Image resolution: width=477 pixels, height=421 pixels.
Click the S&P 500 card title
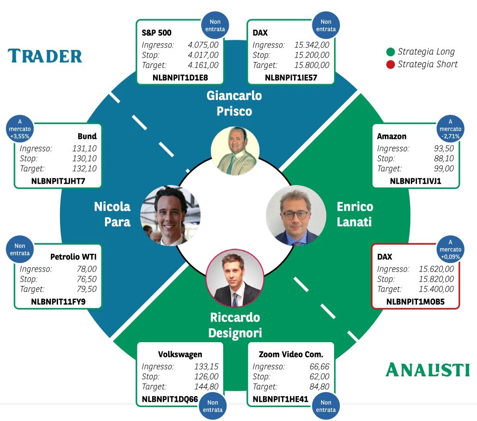(156, 33)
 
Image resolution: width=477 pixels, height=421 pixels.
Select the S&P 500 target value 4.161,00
(203, 65)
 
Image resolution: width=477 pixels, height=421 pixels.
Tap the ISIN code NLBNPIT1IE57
(291, 78)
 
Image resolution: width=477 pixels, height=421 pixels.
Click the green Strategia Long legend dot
(390, 52)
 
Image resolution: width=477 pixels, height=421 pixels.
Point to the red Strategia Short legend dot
(390, 64)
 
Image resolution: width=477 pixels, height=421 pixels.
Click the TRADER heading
(45, 56)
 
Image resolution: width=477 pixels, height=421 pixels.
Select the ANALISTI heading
(428, 370)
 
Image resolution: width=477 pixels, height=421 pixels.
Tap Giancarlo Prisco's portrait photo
(235, 151)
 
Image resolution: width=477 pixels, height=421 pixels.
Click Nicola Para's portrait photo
(170, 215)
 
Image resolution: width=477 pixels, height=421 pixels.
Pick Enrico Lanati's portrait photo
(296, 216)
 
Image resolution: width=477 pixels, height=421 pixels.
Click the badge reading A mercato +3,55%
(20, 129)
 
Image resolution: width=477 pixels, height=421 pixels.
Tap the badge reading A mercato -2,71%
(450, 129)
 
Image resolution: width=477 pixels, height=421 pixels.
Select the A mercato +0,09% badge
(450, 249)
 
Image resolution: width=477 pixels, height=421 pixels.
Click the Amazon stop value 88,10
(444, 159)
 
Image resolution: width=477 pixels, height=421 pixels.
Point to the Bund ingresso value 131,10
(84, 149)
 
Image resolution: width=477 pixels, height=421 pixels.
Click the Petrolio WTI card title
(73, 257)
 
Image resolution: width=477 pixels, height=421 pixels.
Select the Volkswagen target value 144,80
(206, 386)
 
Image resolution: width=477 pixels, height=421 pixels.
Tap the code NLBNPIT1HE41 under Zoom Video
(280, 399)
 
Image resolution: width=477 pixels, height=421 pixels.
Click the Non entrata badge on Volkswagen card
(213, 406)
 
